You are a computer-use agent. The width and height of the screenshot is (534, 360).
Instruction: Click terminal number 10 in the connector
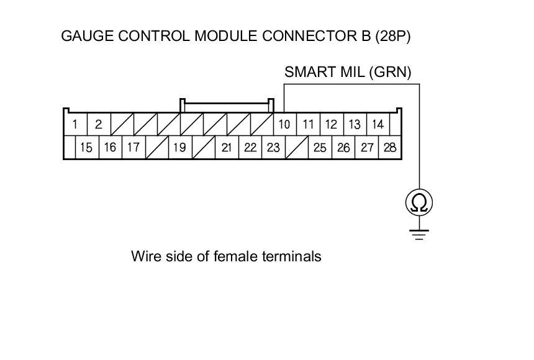point(284,124)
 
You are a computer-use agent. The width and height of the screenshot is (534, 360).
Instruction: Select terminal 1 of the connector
point(75,124)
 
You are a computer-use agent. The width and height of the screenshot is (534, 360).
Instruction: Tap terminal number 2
point(98,124)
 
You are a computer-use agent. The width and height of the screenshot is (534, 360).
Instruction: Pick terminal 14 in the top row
point(378,124)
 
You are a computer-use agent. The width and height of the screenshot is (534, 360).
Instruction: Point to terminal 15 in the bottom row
point(87,148)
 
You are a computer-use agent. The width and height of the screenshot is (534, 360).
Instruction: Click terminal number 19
point(179,148)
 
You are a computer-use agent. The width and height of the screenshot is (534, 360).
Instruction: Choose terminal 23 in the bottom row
point(273,148)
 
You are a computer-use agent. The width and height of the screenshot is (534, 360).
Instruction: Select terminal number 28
point(390,148)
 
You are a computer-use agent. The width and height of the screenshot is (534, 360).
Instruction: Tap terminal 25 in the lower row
point(320,148)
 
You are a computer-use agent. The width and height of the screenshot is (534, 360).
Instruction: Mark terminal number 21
point(227,148)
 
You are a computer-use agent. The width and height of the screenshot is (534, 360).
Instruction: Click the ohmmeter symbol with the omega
point(419,202)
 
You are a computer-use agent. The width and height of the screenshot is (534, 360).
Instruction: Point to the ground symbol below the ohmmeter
point(419,234)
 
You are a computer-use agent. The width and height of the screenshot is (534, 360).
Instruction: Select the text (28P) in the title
point(393,36)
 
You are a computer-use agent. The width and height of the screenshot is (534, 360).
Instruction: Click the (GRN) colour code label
point(390,72)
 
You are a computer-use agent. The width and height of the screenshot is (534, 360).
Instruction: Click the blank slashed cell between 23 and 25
point(297,148)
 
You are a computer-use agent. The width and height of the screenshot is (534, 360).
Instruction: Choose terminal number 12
point(331,124)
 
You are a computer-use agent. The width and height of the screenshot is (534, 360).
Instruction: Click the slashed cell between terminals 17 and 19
point(156,148)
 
